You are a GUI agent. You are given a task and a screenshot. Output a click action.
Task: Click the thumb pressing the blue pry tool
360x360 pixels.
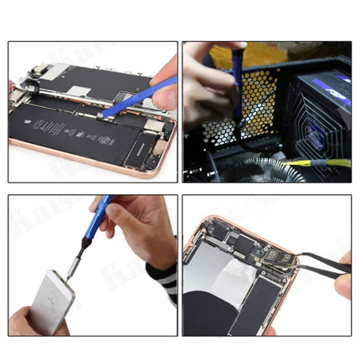point(166,94)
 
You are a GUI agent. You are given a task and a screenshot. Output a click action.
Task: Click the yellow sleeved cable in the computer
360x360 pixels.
point(322,162)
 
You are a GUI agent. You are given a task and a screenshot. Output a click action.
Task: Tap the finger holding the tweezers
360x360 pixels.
point(340,285)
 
